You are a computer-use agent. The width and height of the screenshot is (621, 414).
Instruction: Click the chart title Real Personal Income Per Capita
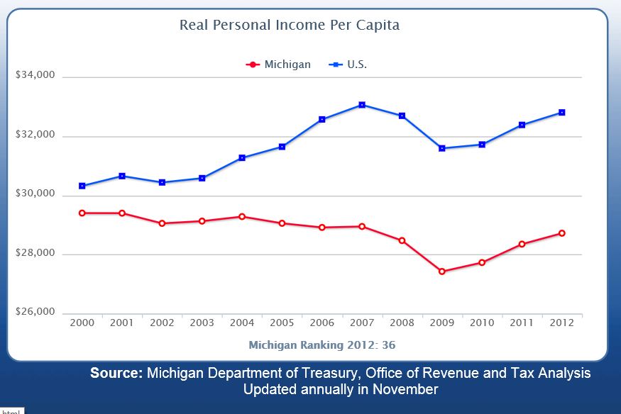point(290,26)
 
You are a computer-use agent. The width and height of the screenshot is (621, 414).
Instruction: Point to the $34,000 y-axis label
point(35,76)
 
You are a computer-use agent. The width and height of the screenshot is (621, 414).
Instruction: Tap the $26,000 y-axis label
point(35,313)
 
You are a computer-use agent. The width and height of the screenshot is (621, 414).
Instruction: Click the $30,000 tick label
point(35,194)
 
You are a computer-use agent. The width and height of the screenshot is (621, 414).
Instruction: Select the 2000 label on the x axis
point(82,323)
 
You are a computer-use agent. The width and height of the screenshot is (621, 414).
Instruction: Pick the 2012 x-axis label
point(562,323)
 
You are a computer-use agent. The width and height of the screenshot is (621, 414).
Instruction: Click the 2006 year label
point(322,323)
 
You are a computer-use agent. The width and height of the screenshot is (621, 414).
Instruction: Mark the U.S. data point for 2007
point(362,105)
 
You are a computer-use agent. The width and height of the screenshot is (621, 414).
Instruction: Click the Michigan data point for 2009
point(442,272)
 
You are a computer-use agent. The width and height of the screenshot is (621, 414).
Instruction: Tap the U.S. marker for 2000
point(82,186)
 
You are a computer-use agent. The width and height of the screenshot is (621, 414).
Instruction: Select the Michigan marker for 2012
point(562,233)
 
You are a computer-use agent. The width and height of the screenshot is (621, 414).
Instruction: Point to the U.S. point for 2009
point(442,148)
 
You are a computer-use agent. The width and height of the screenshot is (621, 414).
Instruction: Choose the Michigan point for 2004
point(242,216)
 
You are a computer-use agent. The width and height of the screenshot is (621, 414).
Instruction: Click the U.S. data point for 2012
point(562,113)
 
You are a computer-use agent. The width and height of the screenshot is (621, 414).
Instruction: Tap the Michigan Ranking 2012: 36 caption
point(322,345)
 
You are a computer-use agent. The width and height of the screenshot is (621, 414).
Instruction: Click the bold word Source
point(116,374)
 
